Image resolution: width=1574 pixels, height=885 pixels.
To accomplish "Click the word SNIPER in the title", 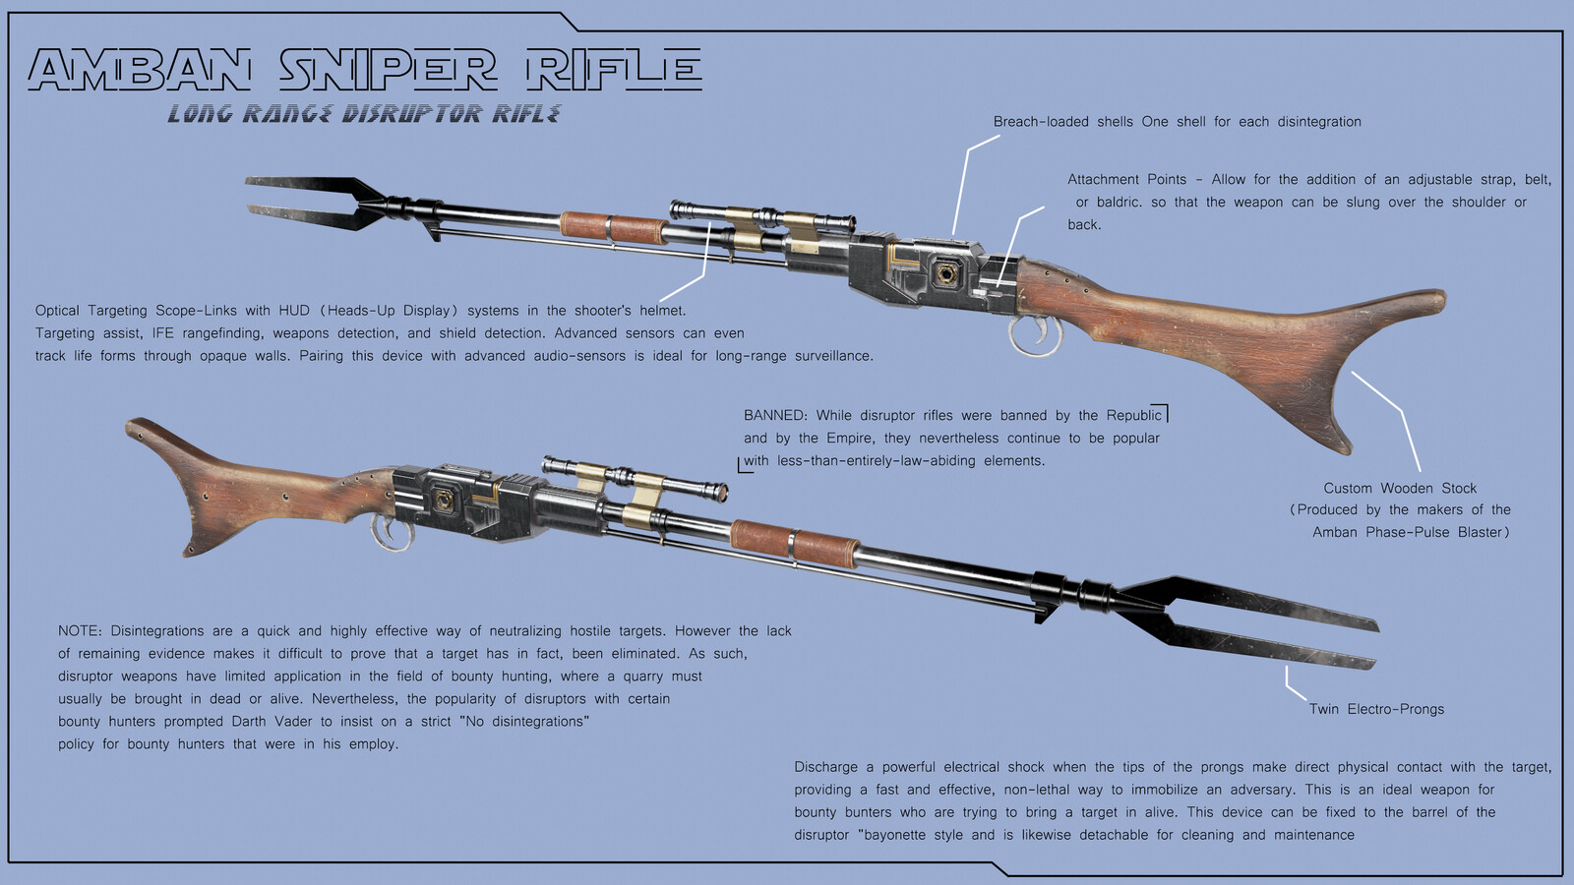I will coord(389,71).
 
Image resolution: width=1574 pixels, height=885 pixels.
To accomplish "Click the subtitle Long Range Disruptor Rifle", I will coord(364,114).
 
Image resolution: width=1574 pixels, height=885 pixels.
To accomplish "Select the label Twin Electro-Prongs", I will coord(1376,709).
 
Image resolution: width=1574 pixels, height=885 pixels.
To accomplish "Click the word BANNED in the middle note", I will coord(774,416).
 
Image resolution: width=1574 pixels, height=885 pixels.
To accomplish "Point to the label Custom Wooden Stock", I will coord(1400,488).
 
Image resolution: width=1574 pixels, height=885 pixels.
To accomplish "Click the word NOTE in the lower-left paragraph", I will coord(80,631).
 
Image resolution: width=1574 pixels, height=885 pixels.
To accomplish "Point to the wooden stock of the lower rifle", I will coord(256,492).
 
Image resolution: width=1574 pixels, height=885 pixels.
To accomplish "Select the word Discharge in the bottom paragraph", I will coord(825,767).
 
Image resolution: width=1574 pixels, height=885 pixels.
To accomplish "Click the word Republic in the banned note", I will coord(1133,416).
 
